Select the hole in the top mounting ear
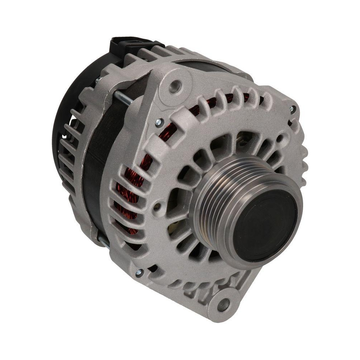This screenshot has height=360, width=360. tap(175, 86)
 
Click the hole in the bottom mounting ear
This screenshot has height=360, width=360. tap(224, 305)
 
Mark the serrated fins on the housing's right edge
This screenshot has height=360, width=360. tap(302, 155)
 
